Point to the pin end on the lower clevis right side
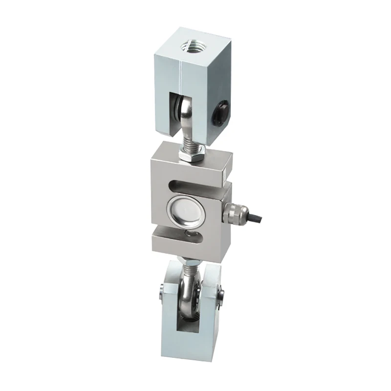coord(222,295)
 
